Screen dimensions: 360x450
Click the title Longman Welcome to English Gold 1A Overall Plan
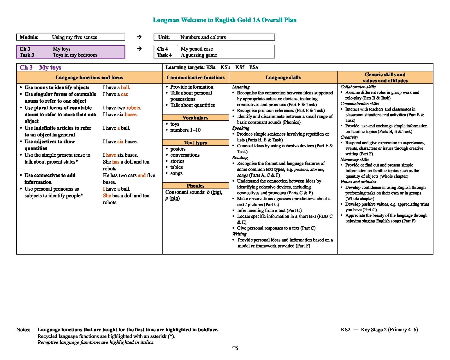(x=224, y=20)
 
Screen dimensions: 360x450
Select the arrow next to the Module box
(x=139, y=37)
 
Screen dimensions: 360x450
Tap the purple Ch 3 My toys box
(x=71, y=52)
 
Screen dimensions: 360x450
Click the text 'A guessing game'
(x=199, y=55)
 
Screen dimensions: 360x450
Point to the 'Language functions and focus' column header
(x=89, y=78)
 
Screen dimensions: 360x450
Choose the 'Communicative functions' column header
(x=195, y=78)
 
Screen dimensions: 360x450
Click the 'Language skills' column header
(x=283, y=78)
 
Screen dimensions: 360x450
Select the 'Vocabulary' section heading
(x=195, y=118)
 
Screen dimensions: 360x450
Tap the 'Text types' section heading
(x=195, y=143)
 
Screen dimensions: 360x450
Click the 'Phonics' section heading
(x=195, y=186)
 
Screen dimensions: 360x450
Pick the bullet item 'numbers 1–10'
(x=185, y=130)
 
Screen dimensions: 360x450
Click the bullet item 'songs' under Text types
(x=176, y=173)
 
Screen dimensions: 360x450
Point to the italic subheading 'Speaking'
(x=241, y=128)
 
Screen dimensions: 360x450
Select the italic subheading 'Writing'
(x=239, y=234)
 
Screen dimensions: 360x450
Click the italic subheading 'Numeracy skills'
(x=354, y=159)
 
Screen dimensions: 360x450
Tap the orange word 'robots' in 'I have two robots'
(x=133, y=108)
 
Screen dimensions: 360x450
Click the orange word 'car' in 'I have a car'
(x=124, y=94)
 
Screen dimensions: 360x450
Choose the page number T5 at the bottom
(x=235, y=348)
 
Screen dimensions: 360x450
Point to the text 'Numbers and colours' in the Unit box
(x=203, y=37)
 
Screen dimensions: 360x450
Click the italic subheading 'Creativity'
(x=349, y=137)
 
